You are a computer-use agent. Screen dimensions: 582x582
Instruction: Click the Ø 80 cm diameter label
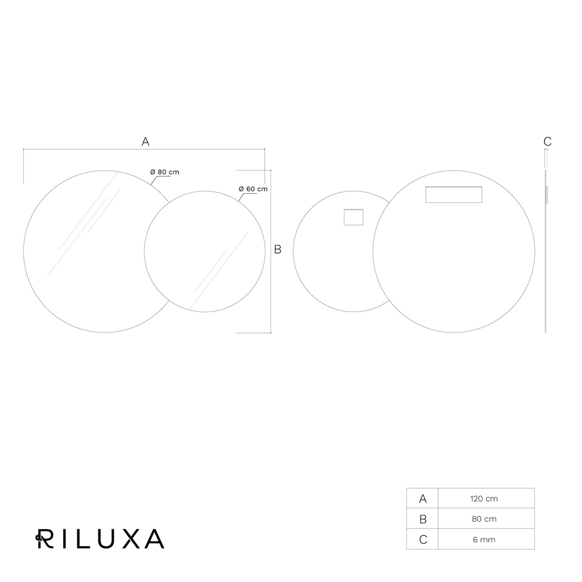(164, 172)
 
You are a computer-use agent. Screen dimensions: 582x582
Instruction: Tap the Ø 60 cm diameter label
(253, 189)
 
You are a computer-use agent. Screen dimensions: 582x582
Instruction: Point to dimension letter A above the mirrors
(145, 142)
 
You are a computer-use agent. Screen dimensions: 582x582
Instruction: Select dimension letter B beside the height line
(277, 250)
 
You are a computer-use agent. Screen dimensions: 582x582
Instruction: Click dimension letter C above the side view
(547, 142)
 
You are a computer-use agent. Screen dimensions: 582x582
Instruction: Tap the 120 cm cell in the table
(484, 498)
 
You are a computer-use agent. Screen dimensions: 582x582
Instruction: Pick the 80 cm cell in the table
(484, 519)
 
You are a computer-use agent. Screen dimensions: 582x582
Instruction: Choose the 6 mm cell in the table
(484, 540)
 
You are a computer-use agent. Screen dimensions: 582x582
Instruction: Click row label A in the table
(423, 499)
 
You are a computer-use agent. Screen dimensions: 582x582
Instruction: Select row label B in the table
(423, 519)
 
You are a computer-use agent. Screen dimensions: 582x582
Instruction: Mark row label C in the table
(423, 540)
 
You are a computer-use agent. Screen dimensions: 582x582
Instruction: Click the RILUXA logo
(100, 539)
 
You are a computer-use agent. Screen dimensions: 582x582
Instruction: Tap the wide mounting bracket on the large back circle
(454, 194)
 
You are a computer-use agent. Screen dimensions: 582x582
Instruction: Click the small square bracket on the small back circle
(354, 217)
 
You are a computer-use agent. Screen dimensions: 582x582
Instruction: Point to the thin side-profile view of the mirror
(546, 251)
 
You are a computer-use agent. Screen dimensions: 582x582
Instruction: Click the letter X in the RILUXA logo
(131, 539)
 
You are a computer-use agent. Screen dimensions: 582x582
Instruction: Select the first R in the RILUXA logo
(44, 539)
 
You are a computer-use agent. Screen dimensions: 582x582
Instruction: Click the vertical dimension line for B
(271, 251)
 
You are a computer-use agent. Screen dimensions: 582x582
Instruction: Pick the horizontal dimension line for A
(144, 149)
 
